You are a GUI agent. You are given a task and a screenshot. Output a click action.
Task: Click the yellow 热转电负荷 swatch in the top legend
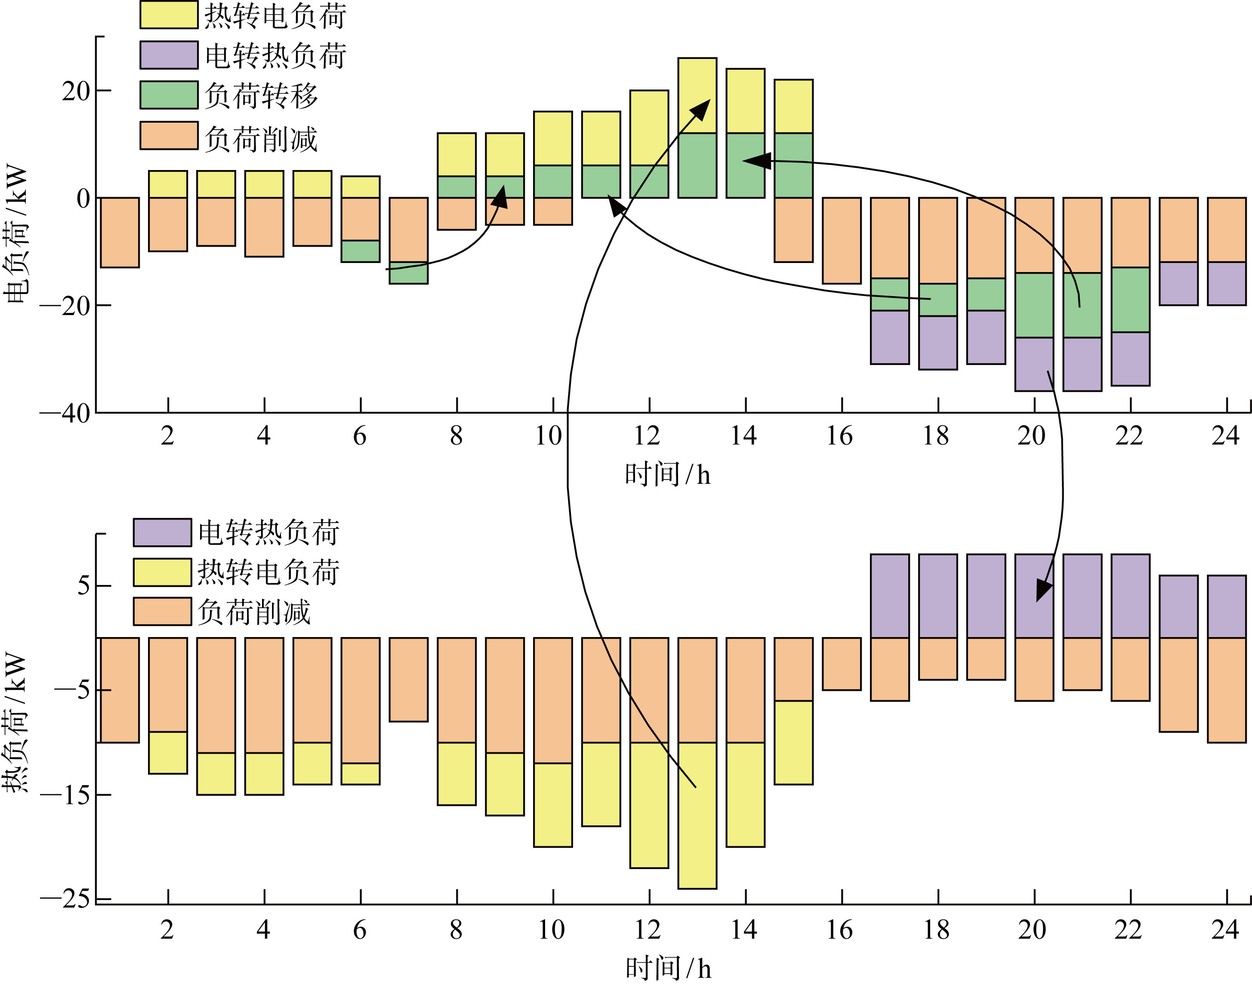(169, 15)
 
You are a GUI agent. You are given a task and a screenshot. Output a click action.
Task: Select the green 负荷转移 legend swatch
(169, 95)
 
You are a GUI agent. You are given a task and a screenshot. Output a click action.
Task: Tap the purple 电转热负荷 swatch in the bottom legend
(162, 532)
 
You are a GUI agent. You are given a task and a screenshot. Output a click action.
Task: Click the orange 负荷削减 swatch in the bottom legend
(162, 611)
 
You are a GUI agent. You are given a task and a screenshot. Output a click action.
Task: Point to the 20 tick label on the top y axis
(76, 91)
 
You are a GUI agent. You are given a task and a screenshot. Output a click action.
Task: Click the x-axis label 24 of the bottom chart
(1225, 930)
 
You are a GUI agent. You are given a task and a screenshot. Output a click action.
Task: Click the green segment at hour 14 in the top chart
(745, 179)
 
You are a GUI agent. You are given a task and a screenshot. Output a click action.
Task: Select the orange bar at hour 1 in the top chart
(120, 232)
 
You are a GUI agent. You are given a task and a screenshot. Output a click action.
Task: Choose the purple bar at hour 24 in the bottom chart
(1226, 607)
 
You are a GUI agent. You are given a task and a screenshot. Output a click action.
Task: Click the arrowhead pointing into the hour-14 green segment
(756, 161)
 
